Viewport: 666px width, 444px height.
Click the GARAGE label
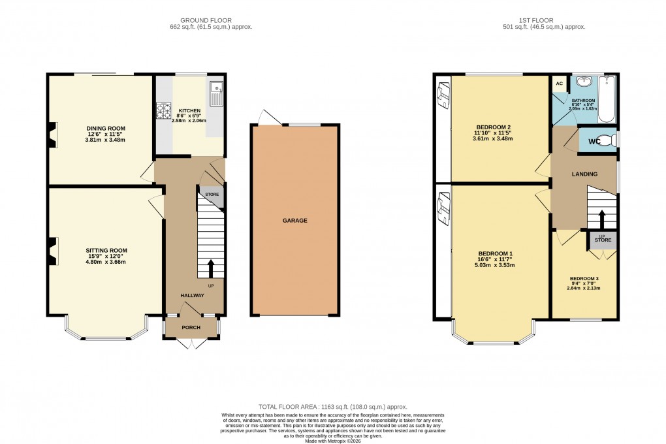click(x=295, y=221)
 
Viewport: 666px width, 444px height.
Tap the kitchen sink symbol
click(x=216, y=94)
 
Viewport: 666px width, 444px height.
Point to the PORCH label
click(x=191, y=328)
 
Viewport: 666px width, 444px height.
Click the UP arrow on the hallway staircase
click(x=210, y=268)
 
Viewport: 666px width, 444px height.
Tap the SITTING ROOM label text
click(x=106, y=250)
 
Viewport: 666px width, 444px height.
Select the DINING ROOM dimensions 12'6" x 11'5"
click(x=105, y=135)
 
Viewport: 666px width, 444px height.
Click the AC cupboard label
click(x=559, y=84)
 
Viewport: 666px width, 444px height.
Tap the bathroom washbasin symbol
click(x=583, y=82)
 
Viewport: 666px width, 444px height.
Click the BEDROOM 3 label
click(x=583, y=278)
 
